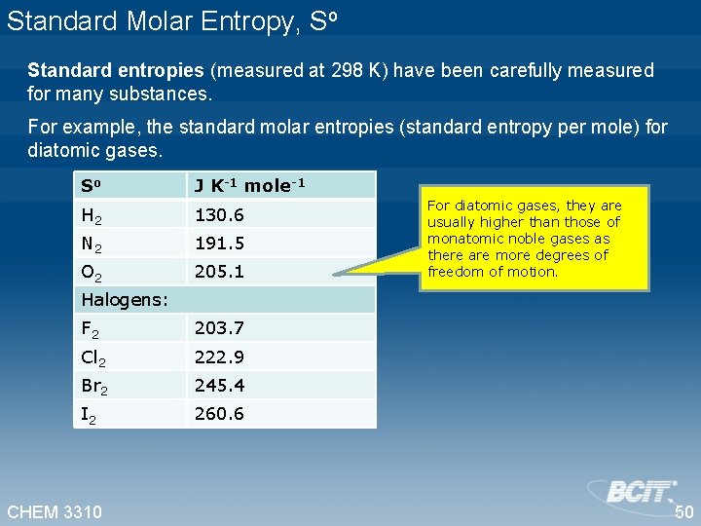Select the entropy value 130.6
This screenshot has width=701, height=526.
point(219,215)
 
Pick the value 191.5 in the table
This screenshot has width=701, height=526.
point(219,244)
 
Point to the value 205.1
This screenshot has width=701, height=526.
point(219,272)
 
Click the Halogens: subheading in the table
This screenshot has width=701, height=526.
point(125,299)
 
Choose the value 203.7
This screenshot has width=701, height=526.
point(219,328)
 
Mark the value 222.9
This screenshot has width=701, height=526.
point(219,357)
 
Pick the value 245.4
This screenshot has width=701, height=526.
point(219,386)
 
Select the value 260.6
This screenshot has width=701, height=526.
point(219,414)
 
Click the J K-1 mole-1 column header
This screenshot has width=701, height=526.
point(249,185)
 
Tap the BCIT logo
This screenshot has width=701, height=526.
point(634,491)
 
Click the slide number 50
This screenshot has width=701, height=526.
point(683,512)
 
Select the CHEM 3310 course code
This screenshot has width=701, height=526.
point(55,511)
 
